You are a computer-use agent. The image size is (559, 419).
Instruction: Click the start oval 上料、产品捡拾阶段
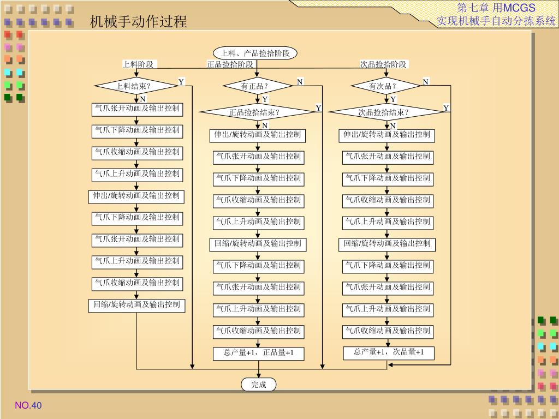(x=255, y=53)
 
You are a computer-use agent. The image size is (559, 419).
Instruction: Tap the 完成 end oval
(x=259, y=385)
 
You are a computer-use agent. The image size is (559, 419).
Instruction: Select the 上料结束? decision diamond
(x=134, y=86)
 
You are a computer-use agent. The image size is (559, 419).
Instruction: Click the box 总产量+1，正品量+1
(x=258, y=353)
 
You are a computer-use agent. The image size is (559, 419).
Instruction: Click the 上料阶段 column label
(x=139, y=64)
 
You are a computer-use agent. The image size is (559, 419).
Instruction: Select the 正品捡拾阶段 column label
(x=230, y=64)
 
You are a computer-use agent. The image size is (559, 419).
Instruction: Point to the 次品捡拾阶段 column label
(x=383, y=64)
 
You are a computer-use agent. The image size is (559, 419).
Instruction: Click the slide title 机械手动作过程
(x=139, y=22)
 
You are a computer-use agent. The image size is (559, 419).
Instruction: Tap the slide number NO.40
(x=28, y=405)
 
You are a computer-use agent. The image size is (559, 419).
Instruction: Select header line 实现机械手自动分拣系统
(x=496, y=21)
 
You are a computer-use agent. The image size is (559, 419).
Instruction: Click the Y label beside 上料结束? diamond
(x=181, y=82)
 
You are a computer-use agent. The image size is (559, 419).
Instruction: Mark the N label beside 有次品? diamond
(x=426, y=82)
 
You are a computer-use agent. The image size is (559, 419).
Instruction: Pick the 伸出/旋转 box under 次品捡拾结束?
(x=387, y=135)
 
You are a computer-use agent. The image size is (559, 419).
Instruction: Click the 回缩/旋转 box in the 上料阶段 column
(x=136, y=304)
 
